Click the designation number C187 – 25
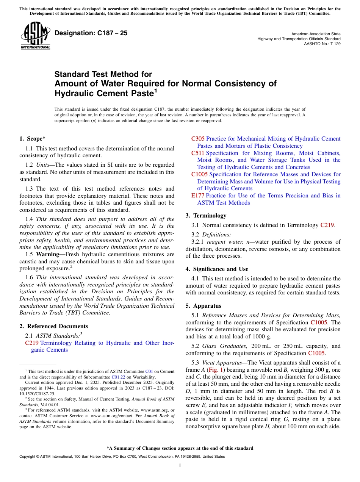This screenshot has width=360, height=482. click(91, 33)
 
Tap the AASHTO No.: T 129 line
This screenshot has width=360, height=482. click(322, 44)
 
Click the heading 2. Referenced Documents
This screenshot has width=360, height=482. click(54, 326)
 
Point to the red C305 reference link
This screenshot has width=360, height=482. click(198, 139)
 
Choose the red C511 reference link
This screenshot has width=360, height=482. click(198, 153)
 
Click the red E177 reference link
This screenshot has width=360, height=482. click(197, 196)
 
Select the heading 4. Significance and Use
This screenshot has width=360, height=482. click(217, 269)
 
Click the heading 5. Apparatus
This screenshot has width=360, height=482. click(203, 306)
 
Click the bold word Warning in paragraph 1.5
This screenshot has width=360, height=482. click(48, 254)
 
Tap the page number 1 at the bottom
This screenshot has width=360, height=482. click(180, 466)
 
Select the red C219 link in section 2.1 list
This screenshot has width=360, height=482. click(32, 343)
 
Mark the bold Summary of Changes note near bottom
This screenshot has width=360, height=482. click(180, 448)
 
